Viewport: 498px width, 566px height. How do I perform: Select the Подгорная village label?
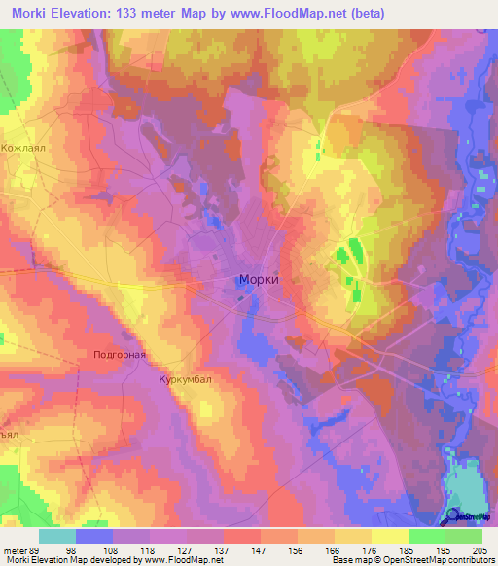pos(119,355)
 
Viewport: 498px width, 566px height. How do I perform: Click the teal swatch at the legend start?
pos(57,535)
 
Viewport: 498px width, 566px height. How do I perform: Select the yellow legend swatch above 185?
pos(390,535)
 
